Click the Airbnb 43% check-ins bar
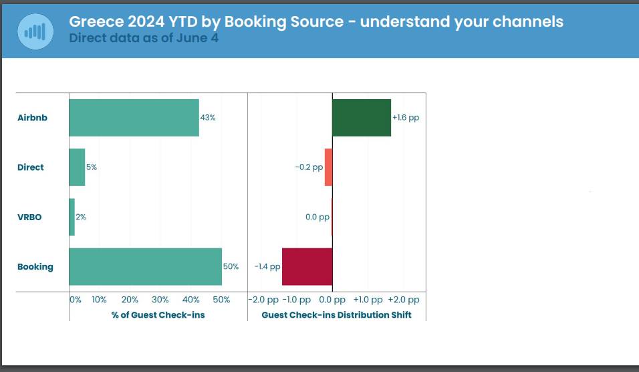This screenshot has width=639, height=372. (x=134, y=118)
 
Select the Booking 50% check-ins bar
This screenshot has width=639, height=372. (x=145, y=266)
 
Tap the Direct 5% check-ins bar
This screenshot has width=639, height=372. (x=77, y=167)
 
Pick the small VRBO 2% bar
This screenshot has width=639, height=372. (x=72, y=217)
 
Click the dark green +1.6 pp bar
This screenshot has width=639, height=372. (x=362, y=118)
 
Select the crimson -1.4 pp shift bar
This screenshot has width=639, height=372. (x=307, y=266)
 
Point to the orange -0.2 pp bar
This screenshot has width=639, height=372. (x=328, y=167)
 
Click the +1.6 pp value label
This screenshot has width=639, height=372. (x=406, y=118)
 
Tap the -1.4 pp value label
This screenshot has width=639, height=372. (x=267, y=266)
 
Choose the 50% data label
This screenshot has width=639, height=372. (x=231, y=266)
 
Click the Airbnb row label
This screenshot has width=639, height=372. (x=32, y=118)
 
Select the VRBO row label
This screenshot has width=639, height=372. (x=29, y=217)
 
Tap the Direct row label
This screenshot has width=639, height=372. (x=31, y=167)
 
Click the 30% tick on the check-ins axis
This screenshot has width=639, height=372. (x=160, y=300)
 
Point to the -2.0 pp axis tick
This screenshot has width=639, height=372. (x=263, y=300)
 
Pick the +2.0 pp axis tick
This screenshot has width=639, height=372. (x=404, y=300)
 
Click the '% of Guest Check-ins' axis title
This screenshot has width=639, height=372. (x=158, y=314)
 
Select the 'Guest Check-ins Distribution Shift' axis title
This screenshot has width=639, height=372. (x=336, y=314)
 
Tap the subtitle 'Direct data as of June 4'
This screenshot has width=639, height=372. (x=143, y=38)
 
